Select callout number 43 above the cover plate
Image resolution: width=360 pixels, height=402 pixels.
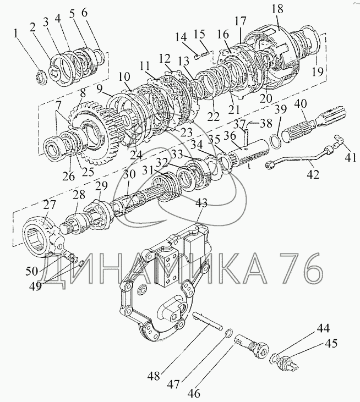pos(201,203)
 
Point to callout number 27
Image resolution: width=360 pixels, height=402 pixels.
pos(50,206)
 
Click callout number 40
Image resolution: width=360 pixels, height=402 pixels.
pos(301,103)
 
